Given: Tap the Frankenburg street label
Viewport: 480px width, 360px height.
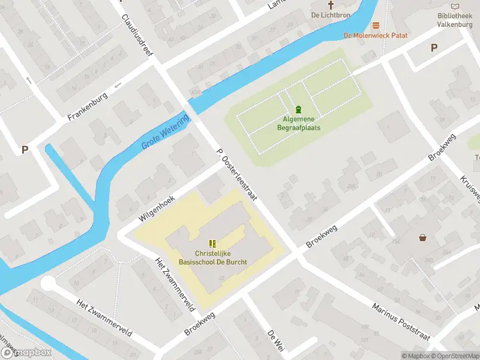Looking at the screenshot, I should [88, 106].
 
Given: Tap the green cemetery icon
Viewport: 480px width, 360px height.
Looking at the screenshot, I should [299, 109].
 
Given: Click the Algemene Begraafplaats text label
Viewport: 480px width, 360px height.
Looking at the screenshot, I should [299, 124].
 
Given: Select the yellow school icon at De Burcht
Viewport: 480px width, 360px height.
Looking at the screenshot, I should [212, 243].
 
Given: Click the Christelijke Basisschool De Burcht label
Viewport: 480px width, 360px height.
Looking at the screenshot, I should [212, 257].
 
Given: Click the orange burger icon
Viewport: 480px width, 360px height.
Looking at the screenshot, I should [376, 25].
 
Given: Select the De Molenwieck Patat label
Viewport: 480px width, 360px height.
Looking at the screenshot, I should [376, 35].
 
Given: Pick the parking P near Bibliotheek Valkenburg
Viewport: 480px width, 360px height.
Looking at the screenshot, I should [434, 48].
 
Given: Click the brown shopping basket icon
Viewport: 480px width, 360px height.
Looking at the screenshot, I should [423, 238].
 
